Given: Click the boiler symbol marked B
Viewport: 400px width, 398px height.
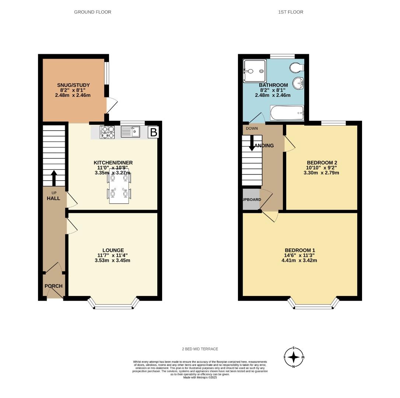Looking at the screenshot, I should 154,132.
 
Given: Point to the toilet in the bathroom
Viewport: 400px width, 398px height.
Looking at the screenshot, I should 297,68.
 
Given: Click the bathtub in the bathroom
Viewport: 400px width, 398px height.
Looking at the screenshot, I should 287,113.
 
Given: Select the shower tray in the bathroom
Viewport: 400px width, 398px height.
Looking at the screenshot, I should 254,71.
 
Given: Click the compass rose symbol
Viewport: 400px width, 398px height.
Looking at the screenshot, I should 294,357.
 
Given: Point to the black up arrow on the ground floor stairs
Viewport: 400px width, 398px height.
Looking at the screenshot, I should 54,178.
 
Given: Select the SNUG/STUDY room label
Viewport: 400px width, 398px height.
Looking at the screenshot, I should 73,85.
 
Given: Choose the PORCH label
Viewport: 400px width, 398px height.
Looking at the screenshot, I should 53,286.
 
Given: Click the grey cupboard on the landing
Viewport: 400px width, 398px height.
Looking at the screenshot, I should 251,199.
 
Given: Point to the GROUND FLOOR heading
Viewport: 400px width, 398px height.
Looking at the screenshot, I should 92,12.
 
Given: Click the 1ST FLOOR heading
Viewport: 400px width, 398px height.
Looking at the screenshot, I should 291,12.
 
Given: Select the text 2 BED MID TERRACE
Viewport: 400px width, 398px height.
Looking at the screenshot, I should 200,349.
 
